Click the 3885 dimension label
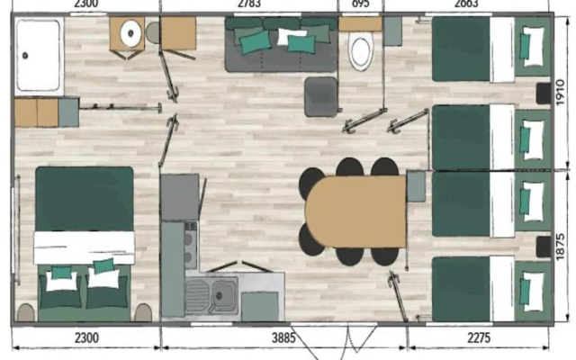pyautogui.click(x=283, y=337)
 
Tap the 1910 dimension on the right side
pyautogui.click(x=560, y=93)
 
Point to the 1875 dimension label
pyautogui.click(x=560, y=247)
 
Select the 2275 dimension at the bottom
pyautogui.click(x=478, y=337)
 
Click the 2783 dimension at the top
pyautogui.click(x=249, y=4)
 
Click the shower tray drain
pyautogui.click(x=25, y=56)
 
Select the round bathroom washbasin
pyautogui.click(x=130, y=33)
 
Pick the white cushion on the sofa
pyautogui.click(x=292, y=36)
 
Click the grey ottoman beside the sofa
pyautogui.click(x=320, y=97)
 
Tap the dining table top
pyautogui.click(x=355, y=211)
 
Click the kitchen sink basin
pyautogui.click(x=225, y=294)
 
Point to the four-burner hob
pyautogui.click(x=190, y=245)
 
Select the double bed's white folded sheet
pyautogui.click(x=84, y=247)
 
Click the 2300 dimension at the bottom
pyautogui.click(x=86, y=337)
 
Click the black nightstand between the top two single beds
pyautogui.click(x=544, y=94)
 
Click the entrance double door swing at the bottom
pyautogui.click(x=333, y=342)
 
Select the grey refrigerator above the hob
pyautogui.click(x=180, y=197)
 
